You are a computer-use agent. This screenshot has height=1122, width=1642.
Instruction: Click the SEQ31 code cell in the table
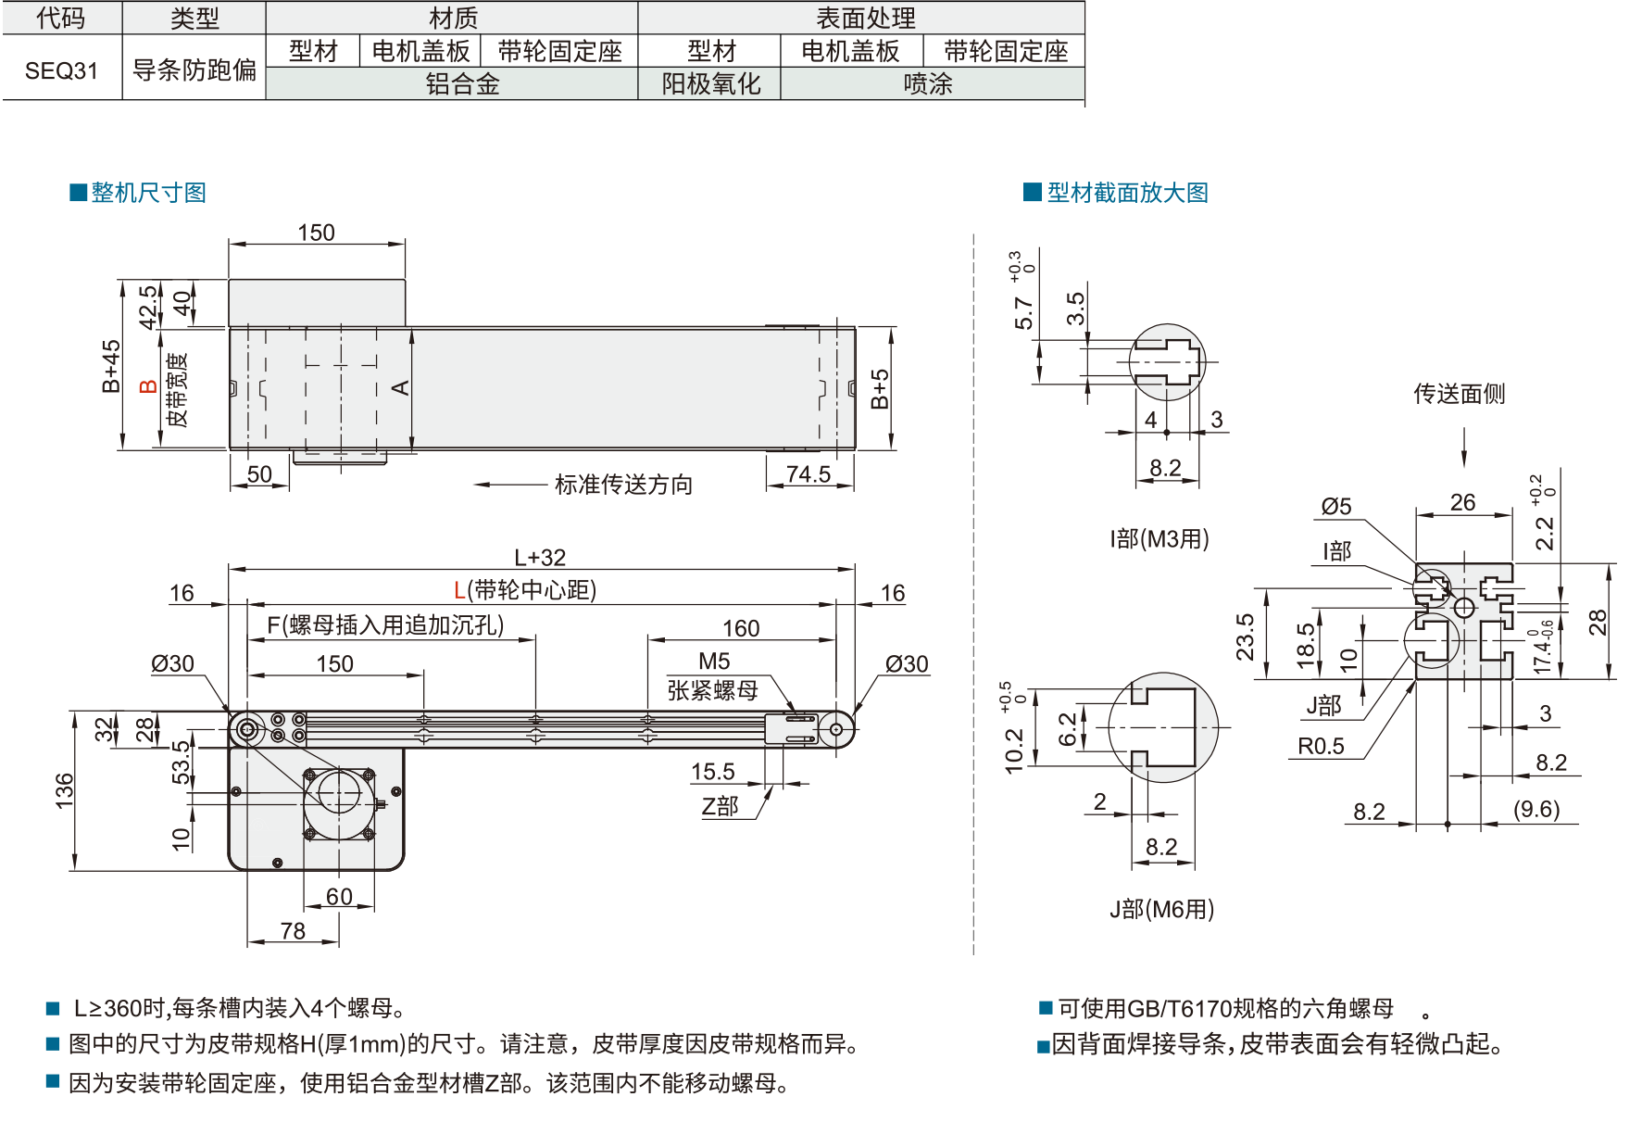coord(61,70)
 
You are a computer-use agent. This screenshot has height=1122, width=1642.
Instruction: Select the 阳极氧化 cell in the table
coord(710,84)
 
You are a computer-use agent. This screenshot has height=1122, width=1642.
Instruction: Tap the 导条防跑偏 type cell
coord(194,69)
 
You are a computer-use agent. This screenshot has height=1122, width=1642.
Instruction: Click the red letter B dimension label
coord(147,386)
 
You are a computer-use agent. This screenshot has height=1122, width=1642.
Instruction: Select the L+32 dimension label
coord(540,558)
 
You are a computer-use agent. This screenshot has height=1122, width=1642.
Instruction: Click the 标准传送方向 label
coord(623,485)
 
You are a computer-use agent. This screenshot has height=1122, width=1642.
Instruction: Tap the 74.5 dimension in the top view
coord(808,474)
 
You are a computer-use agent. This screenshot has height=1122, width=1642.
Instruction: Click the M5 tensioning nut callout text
coord(714,662)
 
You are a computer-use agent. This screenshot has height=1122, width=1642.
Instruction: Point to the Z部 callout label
coord(720,806)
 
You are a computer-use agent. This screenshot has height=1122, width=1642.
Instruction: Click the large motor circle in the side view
coord(338,792)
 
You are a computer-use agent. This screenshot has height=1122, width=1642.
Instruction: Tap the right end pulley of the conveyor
coord(836,729)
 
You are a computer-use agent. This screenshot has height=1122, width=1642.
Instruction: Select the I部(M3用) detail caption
coord(1159,539)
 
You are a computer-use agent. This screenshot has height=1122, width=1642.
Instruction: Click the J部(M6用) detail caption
coord(1161,909)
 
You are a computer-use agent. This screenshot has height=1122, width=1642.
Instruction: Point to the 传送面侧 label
coord(1459,394)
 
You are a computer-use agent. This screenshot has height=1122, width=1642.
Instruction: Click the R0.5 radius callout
coord(1321,746)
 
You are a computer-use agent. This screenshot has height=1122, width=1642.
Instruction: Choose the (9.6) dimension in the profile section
coord(1536,809)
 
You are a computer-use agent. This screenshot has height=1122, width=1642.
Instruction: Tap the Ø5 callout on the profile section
coord(1336,507)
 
